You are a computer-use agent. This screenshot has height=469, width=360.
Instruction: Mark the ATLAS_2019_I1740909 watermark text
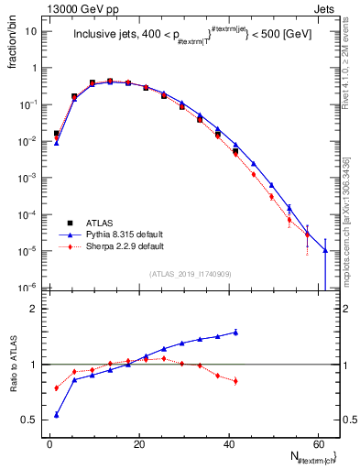[191, 274]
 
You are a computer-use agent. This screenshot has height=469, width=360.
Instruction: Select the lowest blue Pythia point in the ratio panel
[57, 415]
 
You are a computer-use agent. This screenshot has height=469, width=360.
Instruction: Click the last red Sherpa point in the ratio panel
[235, 381]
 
